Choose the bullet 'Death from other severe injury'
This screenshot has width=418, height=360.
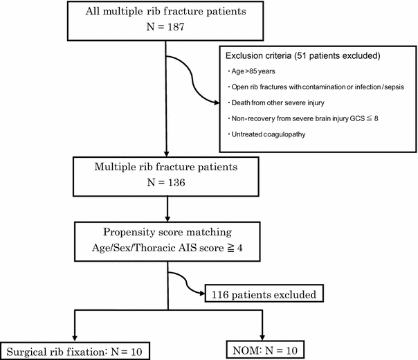coord(277,102)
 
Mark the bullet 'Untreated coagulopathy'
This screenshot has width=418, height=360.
coord(267,134)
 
